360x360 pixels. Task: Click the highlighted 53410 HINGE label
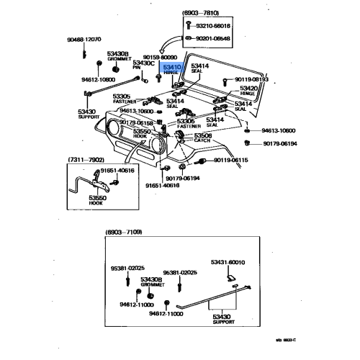(172, 69)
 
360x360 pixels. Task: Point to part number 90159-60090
(159, 56)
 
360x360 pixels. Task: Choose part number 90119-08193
(251, 79)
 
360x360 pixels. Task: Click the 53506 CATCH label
(203, 137)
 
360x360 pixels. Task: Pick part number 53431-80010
(227, 264)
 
